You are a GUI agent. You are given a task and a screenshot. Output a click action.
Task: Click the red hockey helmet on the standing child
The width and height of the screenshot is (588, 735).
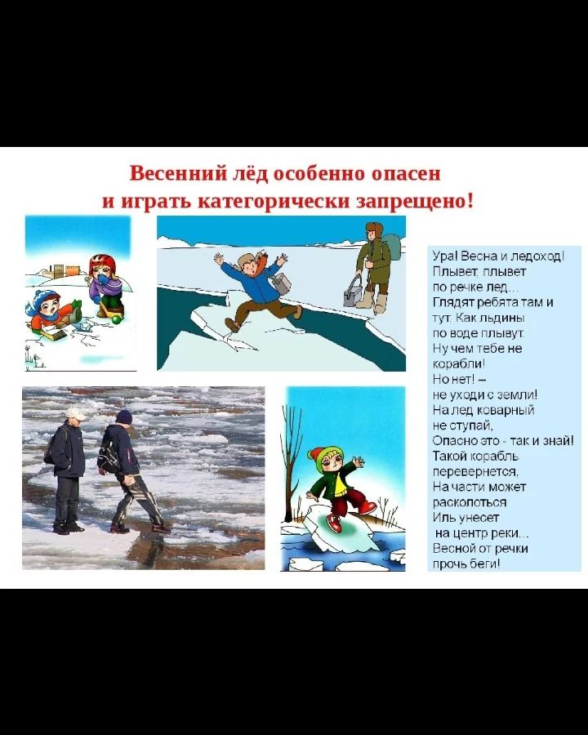102,262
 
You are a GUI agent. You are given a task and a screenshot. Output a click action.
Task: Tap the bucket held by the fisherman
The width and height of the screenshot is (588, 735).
353,293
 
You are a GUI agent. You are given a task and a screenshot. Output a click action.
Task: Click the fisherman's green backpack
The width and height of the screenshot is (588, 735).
393,247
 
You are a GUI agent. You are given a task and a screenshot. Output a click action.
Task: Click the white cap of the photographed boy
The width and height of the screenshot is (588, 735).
75,413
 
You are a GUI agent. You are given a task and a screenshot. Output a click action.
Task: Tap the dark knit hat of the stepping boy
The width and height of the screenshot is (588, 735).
124,416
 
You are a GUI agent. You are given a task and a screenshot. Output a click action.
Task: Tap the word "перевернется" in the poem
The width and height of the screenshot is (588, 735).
475,471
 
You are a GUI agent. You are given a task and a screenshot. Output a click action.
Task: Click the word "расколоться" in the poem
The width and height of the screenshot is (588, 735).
470,502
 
